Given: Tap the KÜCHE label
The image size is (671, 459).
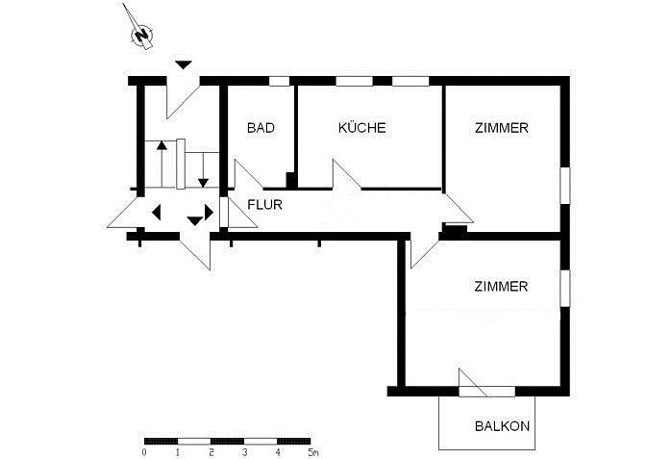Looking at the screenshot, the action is click(362, 128).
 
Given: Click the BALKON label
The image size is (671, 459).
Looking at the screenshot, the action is click(502, 426).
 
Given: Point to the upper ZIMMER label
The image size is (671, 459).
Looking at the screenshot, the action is click(501, 128).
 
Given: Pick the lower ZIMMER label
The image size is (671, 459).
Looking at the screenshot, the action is click(501, 287).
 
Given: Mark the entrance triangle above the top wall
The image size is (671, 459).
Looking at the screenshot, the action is click(184, 64).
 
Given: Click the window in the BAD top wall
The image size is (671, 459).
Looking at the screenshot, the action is click(279, 81).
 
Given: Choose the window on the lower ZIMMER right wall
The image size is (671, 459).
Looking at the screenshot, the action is click(565, 288).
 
